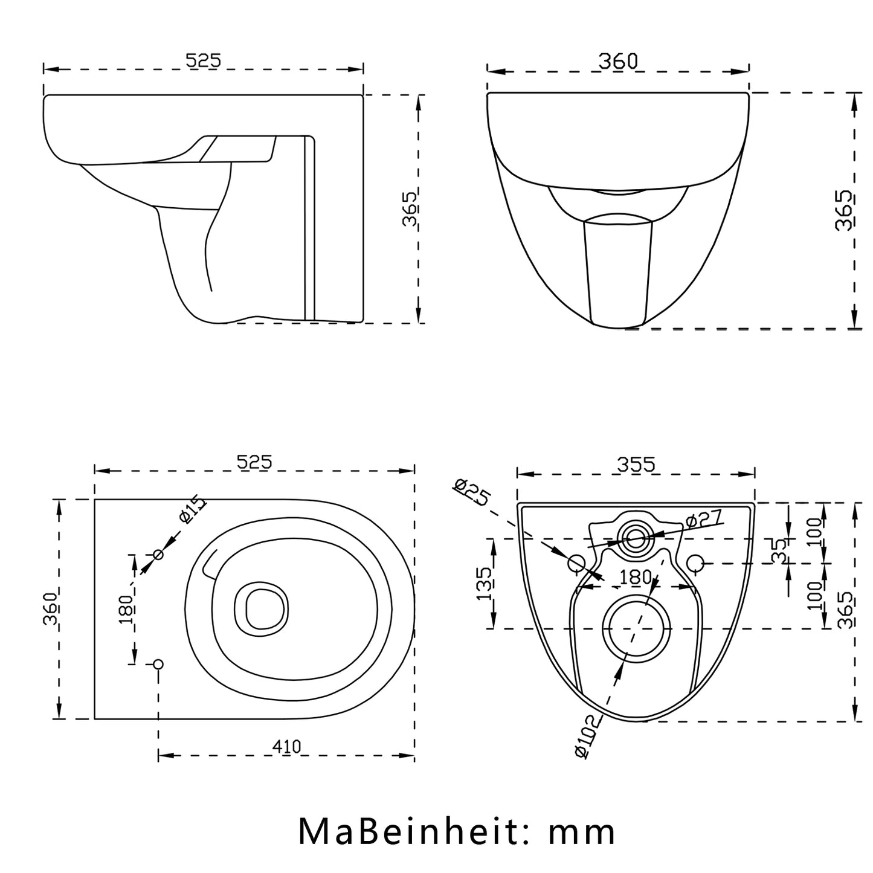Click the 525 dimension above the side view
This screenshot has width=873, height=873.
tap(204, 60)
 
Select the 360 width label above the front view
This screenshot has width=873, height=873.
tap(618, 61)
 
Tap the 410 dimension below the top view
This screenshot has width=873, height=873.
tap(286, 746)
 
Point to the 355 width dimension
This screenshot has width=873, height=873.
tap(636, 465)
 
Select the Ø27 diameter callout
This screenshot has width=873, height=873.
tap(704, 518)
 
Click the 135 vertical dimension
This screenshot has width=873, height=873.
tap(485, 584)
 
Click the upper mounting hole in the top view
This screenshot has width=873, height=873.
tap(158, 555)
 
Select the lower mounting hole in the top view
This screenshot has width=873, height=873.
tap(158, 664)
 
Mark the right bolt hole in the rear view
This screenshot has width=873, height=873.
tap(695, 564)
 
